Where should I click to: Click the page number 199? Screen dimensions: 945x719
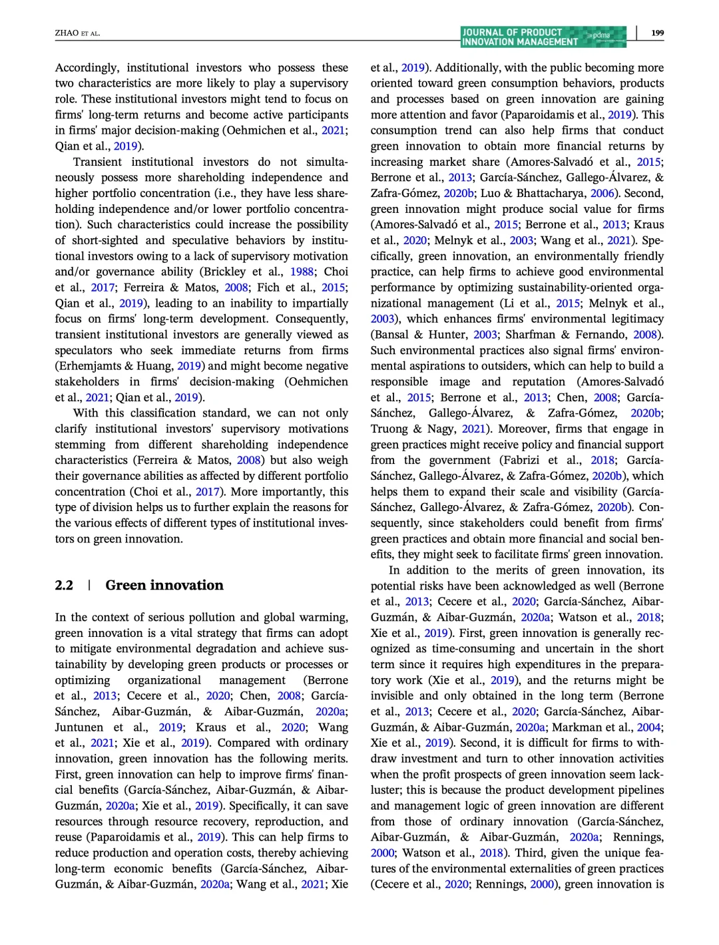click(x=657, y=33)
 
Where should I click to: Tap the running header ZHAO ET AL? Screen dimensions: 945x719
click(x=77, y=33)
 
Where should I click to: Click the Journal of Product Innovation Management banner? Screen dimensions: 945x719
click(x=543, y=37)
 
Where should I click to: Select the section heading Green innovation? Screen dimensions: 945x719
click(x=164, y=585)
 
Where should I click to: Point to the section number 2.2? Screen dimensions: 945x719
click(x=64, y=585)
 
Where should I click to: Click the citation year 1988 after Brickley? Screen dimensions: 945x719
click(x=302, y=272)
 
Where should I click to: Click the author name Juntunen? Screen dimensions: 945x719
click(x=79, y=727)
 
